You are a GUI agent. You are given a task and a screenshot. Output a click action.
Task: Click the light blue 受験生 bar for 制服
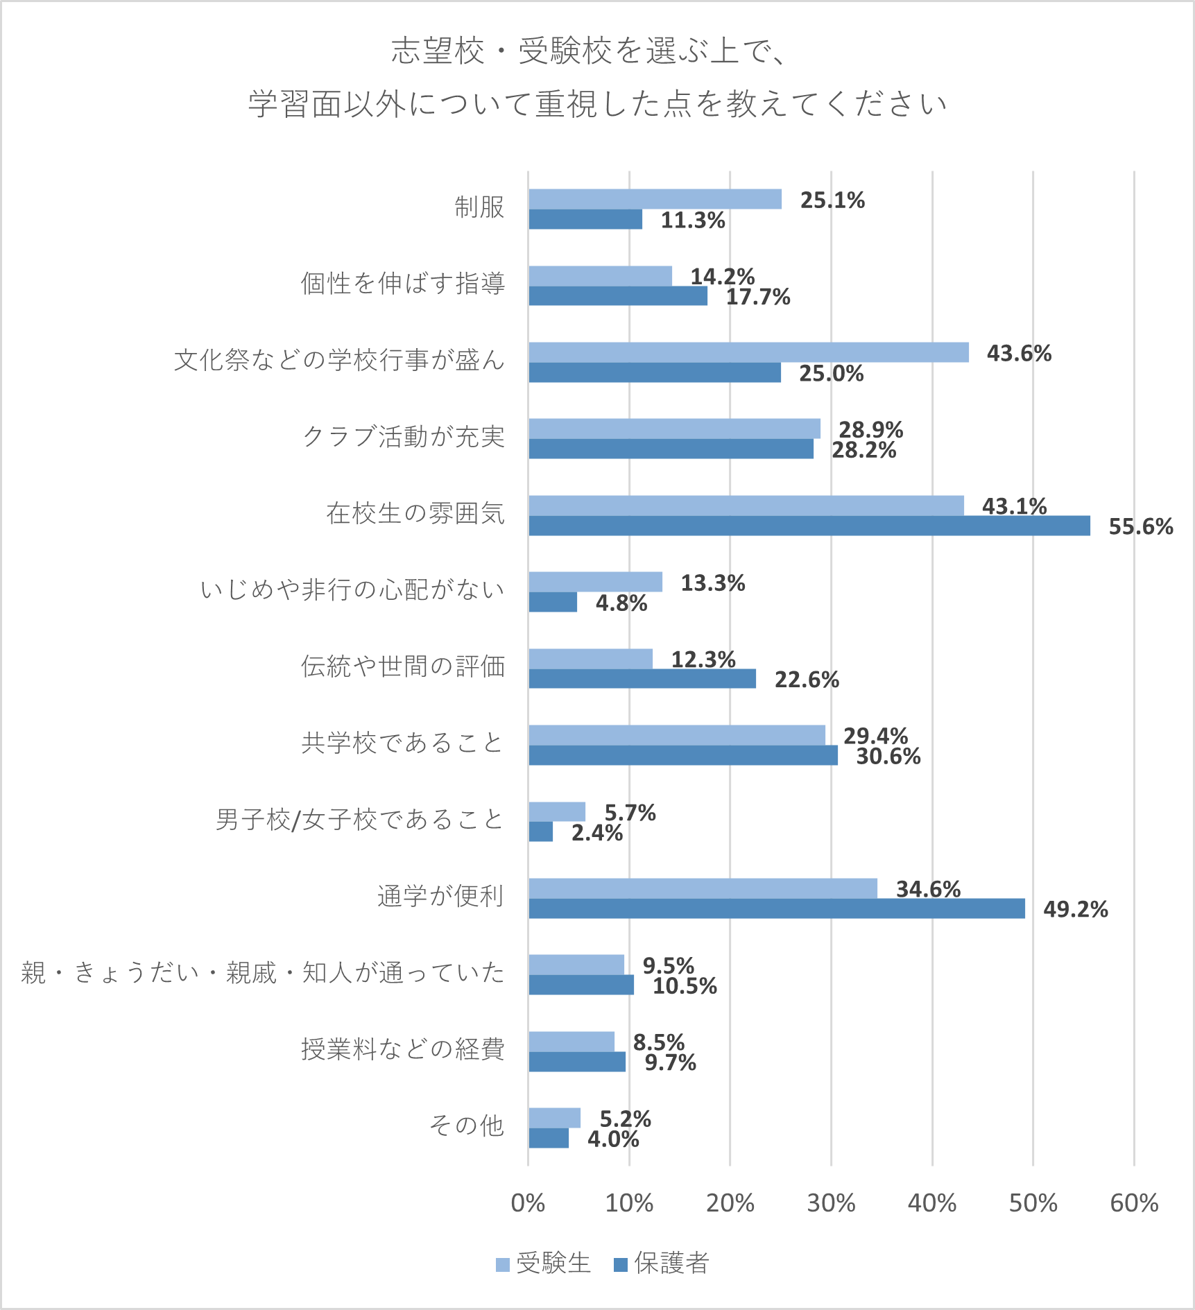[x=655, y=199]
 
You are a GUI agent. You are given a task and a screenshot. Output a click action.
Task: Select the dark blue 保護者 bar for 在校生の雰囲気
[x=809, y=526]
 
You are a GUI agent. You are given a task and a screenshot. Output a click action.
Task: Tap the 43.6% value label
[x=1018, y=354]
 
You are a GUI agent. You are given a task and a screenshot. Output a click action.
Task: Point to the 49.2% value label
[x=1075, y=909]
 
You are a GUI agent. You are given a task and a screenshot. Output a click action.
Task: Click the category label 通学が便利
[x=440, y=896]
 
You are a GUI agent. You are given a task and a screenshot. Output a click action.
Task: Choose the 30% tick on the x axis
[x=831, y=1203]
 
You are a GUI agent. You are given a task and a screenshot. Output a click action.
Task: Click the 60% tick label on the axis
[x=1134, y=1203]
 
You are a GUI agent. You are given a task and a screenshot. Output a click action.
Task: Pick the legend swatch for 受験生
[x=503, y=1265]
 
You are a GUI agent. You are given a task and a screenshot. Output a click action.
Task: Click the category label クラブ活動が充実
[x=404, y=437]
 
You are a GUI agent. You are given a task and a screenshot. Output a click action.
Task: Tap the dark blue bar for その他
[x=549, y=1138]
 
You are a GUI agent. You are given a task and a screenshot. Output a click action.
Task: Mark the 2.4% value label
[x=596, y=833]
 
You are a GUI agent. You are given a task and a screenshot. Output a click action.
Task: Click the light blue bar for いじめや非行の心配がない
[x=595, y=582]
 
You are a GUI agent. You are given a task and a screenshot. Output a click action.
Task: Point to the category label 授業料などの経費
[x=403, y=1049]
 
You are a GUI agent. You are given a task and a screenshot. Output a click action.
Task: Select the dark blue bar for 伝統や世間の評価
[x=642, y=679]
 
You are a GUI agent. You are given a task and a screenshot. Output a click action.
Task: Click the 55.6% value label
[x=1140, y=527]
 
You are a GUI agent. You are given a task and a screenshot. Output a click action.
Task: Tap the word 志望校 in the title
[x=438, y=51]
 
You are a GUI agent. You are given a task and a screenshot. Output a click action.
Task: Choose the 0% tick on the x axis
[x=528, y=1203]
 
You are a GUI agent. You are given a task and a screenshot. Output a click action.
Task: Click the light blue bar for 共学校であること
[x=676, y=735]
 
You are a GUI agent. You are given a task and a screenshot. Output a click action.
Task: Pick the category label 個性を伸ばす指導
[x=403, y=284]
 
